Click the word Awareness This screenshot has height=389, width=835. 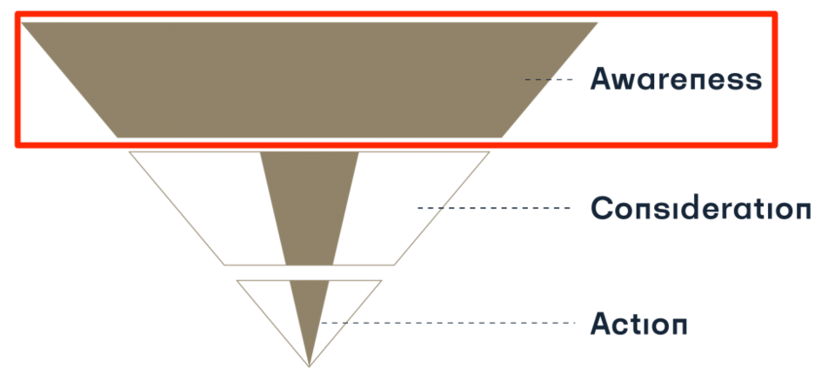[676, 79]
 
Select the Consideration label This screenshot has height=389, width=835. [700, 209]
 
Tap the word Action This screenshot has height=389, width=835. [639, 324]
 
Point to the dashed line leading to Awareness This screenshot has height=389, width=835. [549, 80]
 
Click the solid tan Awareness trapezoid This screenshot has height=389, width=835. [310, 79]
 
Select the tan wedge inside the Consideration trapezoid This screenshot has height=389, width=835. [309, 205]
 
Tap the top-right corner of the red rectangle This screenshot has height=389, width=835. [773, 15]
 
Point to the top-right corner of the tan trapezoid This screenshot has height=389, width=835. [598, 23]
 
